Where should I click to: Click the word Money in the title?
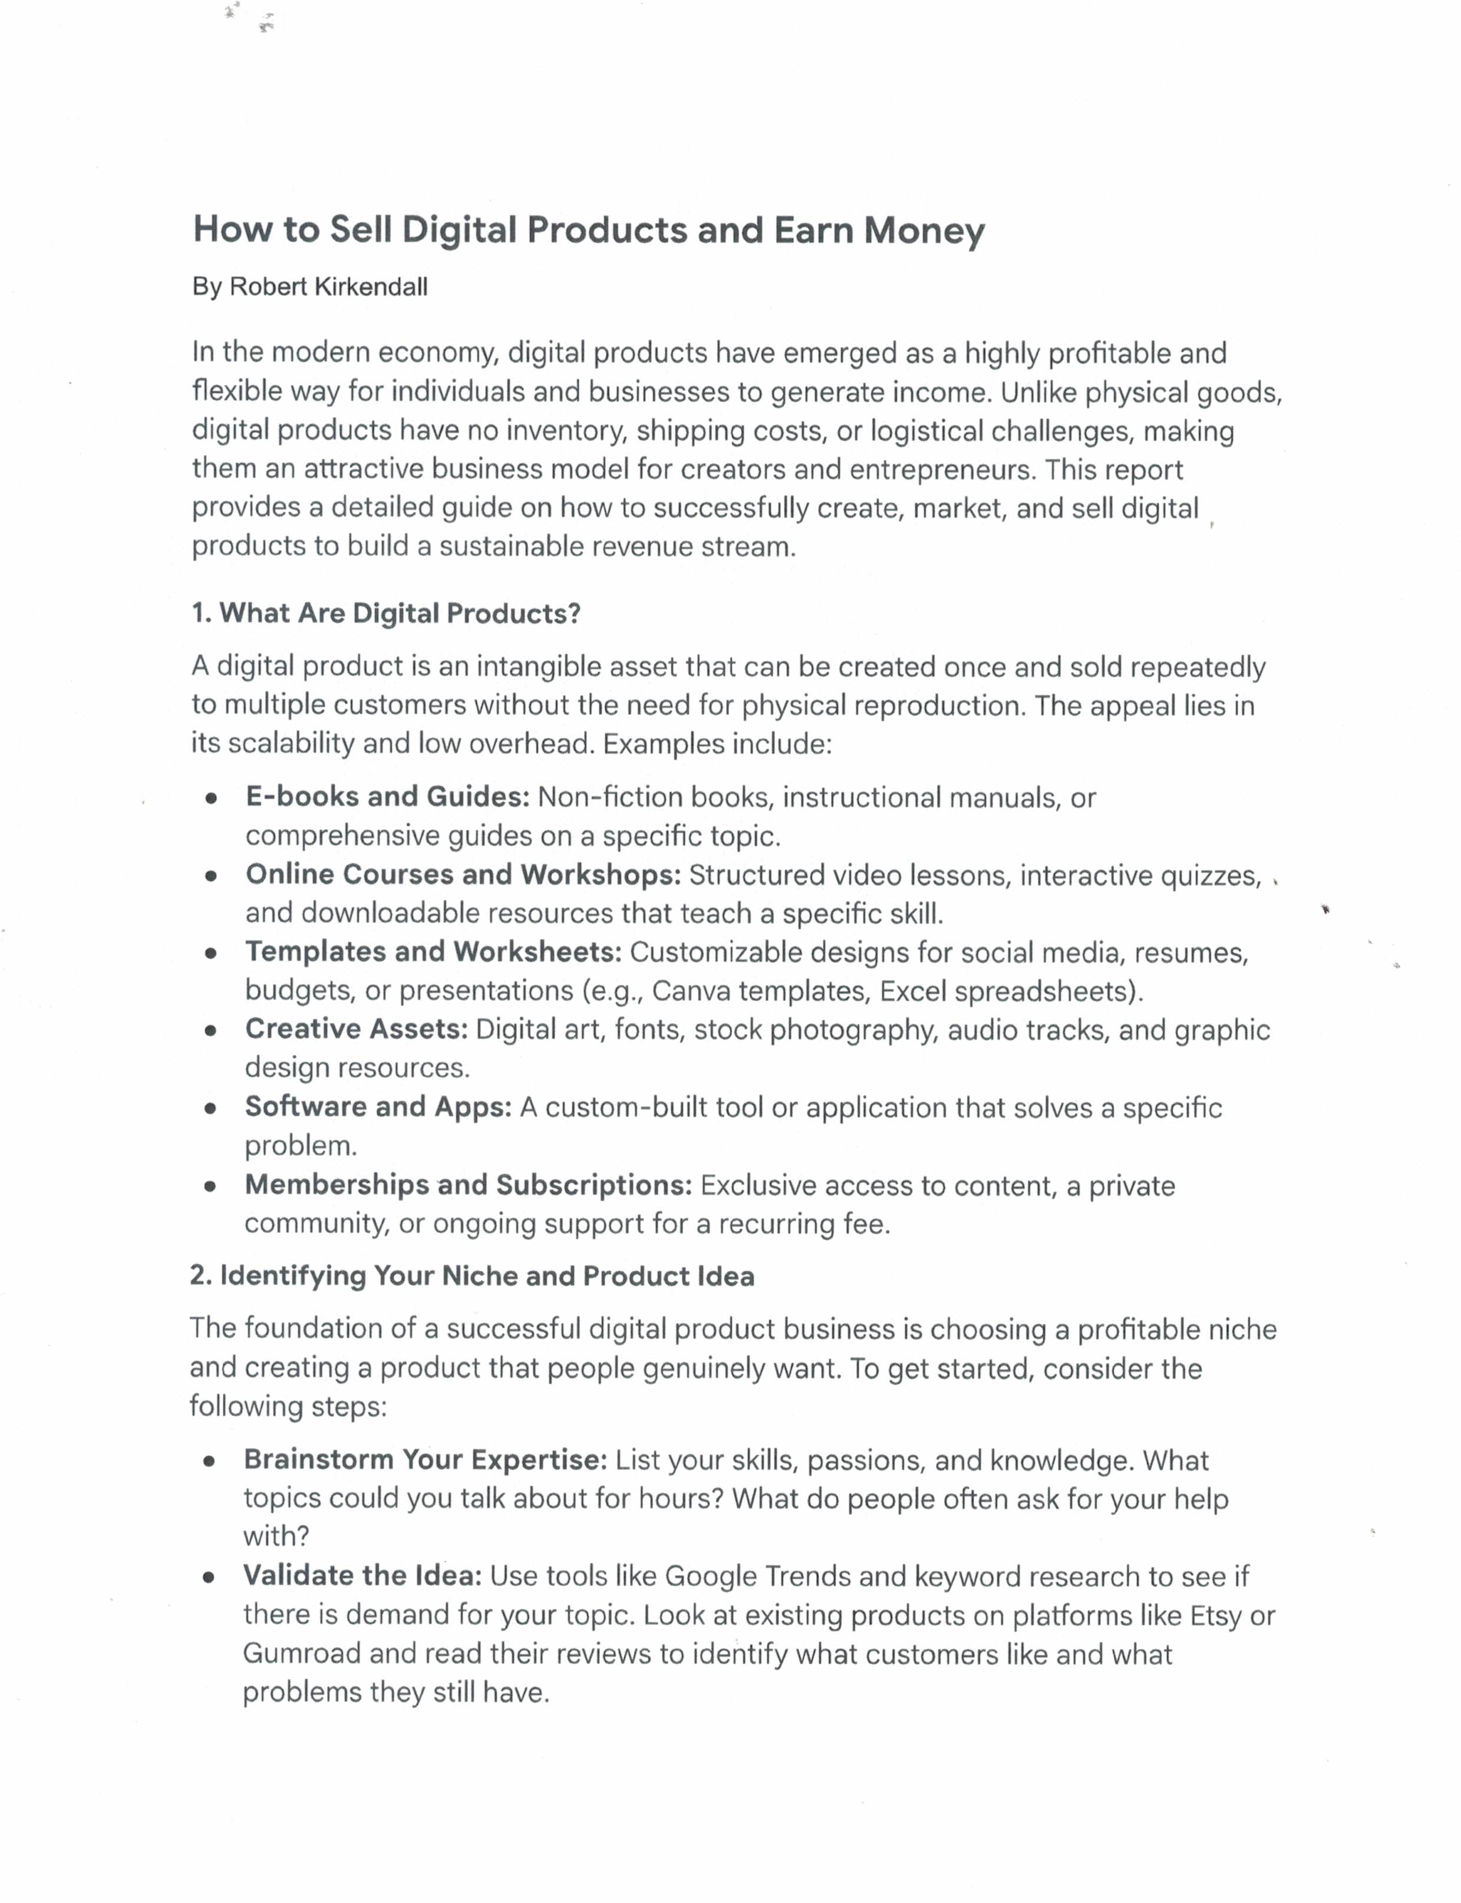[x=924, y=230]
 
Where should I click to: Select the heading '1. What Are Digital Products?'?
[x=385, y=613]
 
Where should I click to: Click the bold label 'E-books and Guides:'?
[x=387, y=796]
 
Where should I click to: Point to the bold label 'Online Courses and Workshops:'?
[x=463, y=874]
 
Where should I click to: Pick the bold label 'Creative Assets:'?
[x=357, y=1029]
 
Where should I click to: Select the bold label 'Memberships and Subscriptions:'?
[x=468, y=1185]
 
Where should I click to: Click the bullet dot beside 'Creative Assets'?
[x=210, y=1031]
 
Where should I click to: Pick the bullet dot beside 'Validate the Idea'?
[x=208, y=1578]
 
